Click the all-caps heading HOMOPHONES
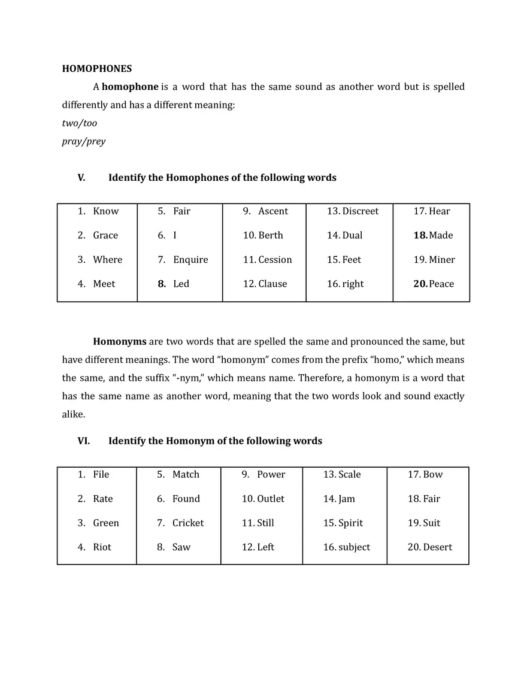pos(97,69)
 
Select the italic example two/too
pos(80,123)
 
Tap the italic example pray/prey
pos(84,142)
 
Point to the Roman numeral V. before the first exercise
pos(81,178)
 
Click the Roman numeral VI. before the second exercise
pos(83,441)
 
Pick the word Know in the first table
pos(106,211)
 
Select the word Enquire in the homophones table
pos(190,260)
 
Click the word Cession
pos(275,260)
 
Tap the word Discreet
pos(360,211)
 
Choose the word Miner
pos(442,260)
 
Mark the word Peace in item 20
pos(441,284)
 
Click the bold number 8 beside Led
pos(162,284)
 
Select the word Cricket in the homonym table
pos(188,523)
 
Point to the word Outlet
pos(271,499)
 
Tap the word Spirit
pos(350,523)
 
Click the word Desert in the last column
pos(437,547)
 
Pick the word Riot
pos(102,547)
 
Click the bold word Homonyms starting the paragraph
pos(120,342)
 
